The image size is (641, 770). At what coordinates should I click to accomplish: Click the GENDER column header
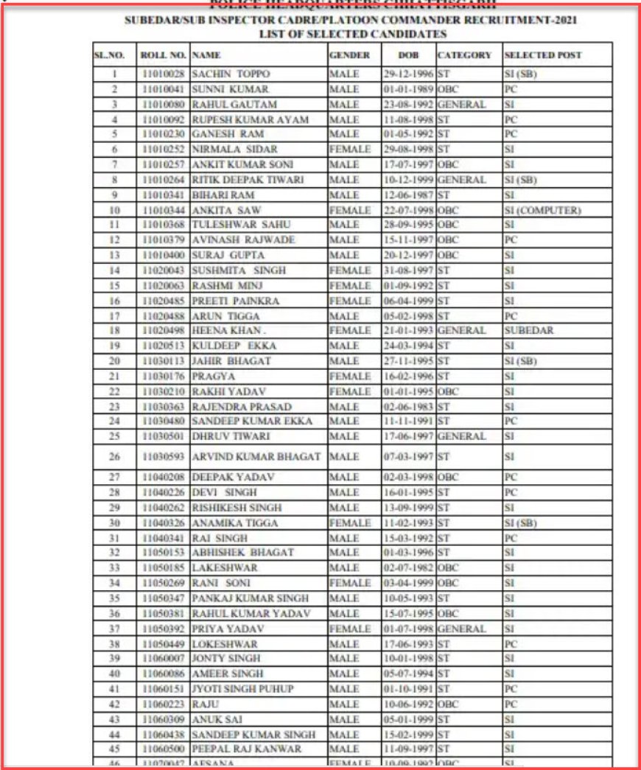tap(344, 55)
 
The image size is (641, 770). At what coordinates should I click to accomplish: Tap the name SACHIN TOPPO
tap(231, 74)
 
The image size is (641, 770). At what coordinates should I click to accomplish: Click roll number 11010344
tap(164, 211)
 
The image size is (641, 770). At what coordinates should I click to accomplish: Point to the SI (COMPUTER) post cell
tap(542, 211)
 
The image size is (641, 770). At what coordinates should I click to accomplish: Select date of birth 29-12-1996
tap(407, 74)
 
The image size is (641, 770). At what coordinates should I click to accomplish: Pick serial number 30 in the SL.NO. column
tap(114, 523)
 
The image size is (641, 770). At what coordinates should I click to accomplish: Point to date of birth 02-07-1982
tap(407, 569)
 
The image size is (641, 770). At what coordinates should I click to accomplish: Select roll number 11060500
tap(164, 749)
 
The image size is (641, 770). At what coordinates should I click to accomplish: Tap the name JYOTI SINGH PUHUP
tap(242, 689)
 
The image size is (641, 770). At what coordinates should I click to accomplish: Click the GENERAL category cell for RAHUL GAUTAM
tap(461, 105)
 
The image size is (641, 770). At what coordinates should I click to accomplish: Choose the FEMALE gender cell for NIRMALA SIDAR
tap(349, 150)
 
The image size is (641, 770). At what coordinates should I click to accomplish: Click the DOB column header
tap(407, 55)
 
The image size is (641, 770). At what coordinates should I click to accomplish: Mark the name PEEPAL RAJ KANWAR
tap(246, 749)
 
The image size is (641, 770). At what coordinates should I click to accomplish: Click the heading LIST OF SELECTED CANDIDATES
tap(353, 34)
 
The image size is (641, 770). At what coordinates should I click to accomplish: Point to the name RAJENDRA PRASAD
tap(241, 407)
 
